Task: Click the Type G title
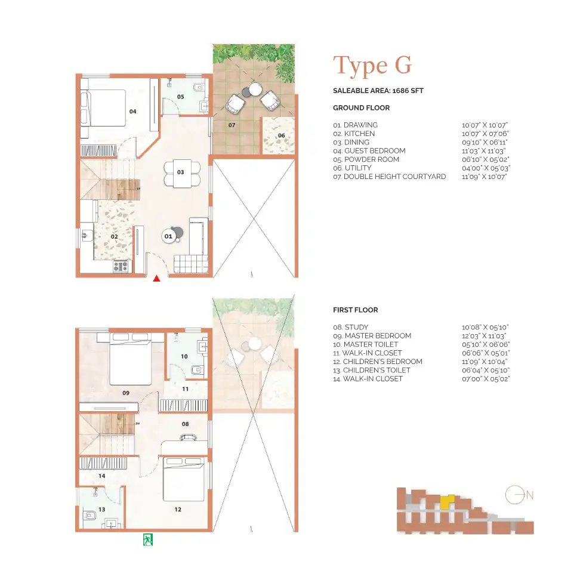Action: click(x=372, y=66)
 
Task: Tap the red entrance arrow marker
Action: click(x=157, y=278)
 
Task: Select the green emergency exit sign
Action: click(x=147, y=539)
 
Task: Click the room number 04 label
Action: click(x=132, y=112)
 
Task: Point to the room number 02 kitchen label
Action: click(x=114, y=236)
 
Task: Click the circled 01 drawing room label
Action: click(x=168, y=236)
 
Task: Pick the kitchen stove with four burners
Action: click(x=121, y=266)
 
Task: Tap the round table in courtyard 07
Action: click(x=255, y=90)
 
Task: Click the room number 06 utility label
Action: click(x=281, y=135)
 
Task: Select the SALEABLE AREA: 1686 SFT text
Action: click(x=378, y=91)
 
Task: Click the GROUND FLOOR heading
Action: click(x=361, y=108)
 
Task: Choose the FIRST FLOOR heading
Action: click(x=355, y=310)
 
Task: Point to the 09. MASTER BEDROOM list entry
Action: click(x=372, y=336)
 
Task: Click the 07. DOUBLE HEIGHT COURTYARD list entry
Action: click(x=389, y=177)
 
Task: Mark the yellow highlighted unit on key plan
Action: click(x=447, y=500)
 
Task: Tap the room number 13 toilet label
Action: click(x=102, y=509)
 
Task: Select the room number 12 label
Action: click(x=178, y=510)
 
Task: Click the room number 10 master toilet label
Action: click(x=184, y=356)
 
